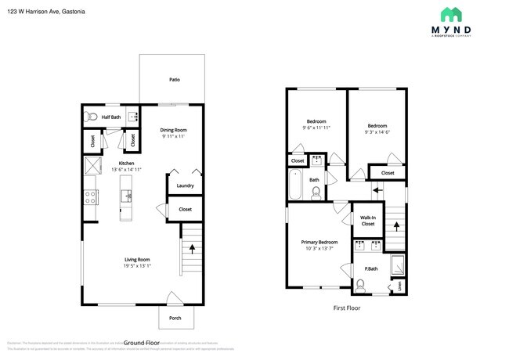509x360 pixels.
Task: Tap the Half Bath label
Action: tap(111, 117)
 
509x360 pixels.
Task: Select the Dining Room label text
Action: tap(174, 130)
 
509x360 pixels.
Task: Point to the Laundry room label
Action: tap(185, 185)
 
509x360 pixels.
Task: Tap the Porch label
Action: tap(175, 318)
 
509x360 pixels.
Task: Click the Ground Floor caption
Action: tap(142, 343)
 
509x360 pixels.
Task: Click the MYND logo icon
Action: tap(450, 14)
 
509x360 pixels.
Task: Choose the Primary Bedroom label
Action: tap(319, 243)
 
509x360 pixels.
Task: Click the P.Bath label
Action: tap(371, 268)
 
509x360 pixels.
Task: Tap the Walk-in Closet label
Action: tap(367, 221)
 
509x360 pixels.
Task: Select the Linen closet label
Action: tap(402, 284)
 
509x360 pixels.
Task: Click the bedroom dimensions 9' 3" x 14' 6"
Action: tap(377, 132)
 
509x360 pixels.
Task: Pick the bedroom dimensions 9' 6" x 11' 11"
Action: tap(316, 128)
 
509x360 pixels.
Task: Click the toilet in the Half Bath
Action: tap(92, 117)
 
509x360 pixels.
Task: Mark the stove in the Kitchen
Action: tap(90, 196)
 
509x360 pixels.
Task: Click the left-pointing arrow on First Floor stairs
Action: tap(377, 189)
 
